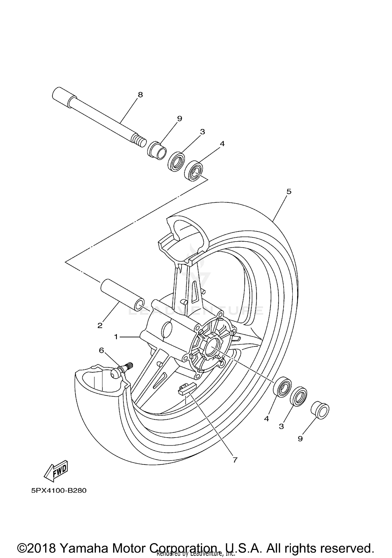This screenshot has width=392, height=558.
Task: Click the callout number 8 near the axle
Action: point(140,95)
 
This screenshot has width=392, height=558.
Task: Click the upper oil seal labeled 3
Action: point(176,162)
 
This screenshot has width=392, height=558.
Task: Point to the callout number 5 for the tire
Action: point(289,192)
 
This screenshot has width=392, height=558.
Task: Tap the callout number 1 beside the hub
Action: point(116,337)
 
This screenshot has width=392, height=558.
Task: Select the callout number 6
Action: point(101,350)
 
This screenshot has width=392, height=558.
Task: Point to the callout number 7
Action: point(235,460)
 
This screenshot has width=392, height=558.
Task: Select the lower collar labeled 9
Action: point(320,411)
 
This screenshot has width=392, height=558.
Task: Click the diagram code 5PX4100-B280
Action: point(59,491)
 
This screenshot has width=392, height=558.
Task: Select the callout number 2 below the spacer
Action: point(100,326)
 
